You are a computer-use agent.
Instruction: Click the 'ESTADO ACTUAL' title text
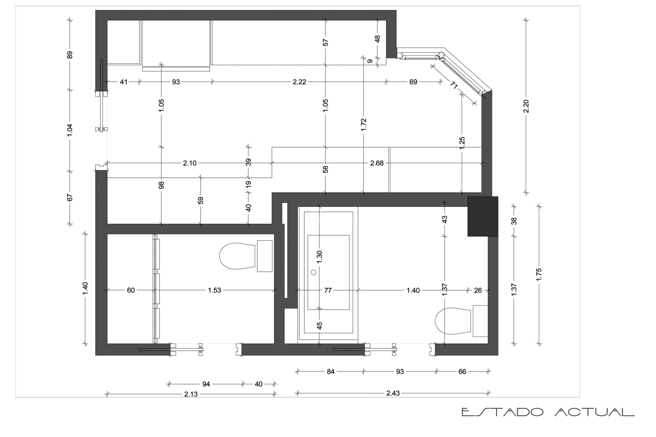[x=548, y=412]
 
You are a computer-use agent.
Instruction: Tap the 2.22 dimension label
[x=299, y=82]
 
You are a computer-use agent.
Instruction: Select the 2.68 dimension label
[x=377, y=163]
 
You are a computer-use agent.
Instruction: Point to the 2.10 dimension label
[x=190, y=163]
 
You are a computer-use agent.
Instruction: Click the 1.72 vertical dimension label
[x=364, y=125]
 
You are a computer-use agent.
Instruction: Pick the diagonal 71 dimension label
[x=454, y=86]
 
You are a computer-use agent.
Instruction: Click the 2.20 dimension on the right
[x=526, y=106]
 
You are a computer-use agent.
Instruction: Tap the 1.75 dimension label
[x=538, y=274]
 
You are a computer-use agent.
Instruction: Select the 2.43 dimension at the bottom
[x=393, y=393]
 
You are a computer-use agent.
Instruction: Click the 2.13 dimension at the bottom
[x=191, y=394]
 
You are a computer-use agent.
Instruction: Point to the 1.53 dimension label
[x=214, y=290]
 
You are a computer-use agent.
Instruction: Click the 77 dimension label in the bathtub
[x=328, y=290]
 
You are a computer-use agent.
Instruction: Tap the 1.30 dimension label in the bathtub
[x=319, y=257]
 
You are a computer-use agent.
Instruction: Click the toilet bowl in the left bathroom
[x=237, y=256]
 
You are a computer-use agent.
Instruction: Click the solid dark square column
[x=483, y=216]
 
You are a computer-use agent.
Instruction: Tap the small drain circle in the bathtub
[x=313, y=272]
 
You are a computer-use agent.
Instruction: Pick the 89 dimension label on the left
[x=69, y=54]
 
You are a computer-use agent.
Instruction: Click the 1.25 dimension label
[x=462, y=142]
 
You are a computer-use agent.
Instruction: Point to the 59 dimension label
[x=201, y=200]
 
